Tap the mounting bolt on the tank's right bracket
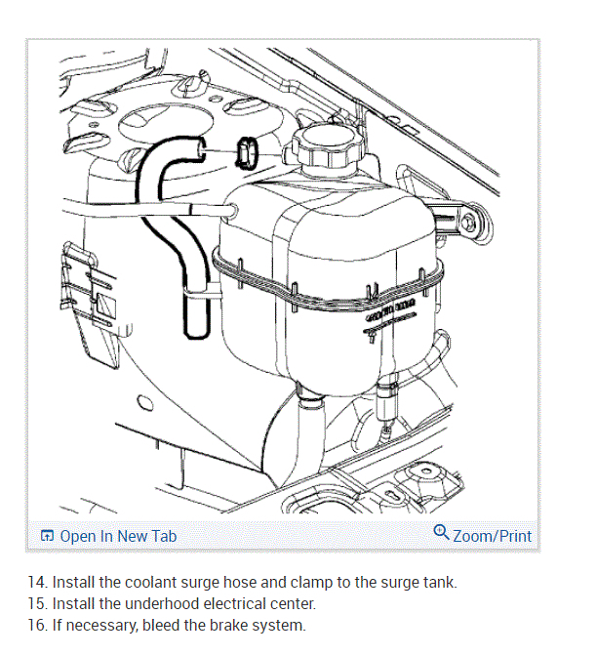[x=472, y=225]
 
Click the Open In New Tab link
[x=118, y=536]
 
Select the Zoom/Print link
[x=493, y=536]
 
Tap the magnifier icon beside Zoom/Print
[x=441, y=533]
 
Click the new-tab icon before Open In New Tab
[x=47, y=536]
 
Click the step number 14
[x=36, y=583]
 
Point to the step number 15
[x=36, y=603]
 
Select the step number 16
[x=36, y=625]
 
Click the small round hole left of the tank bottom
[x=145, y=402]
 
